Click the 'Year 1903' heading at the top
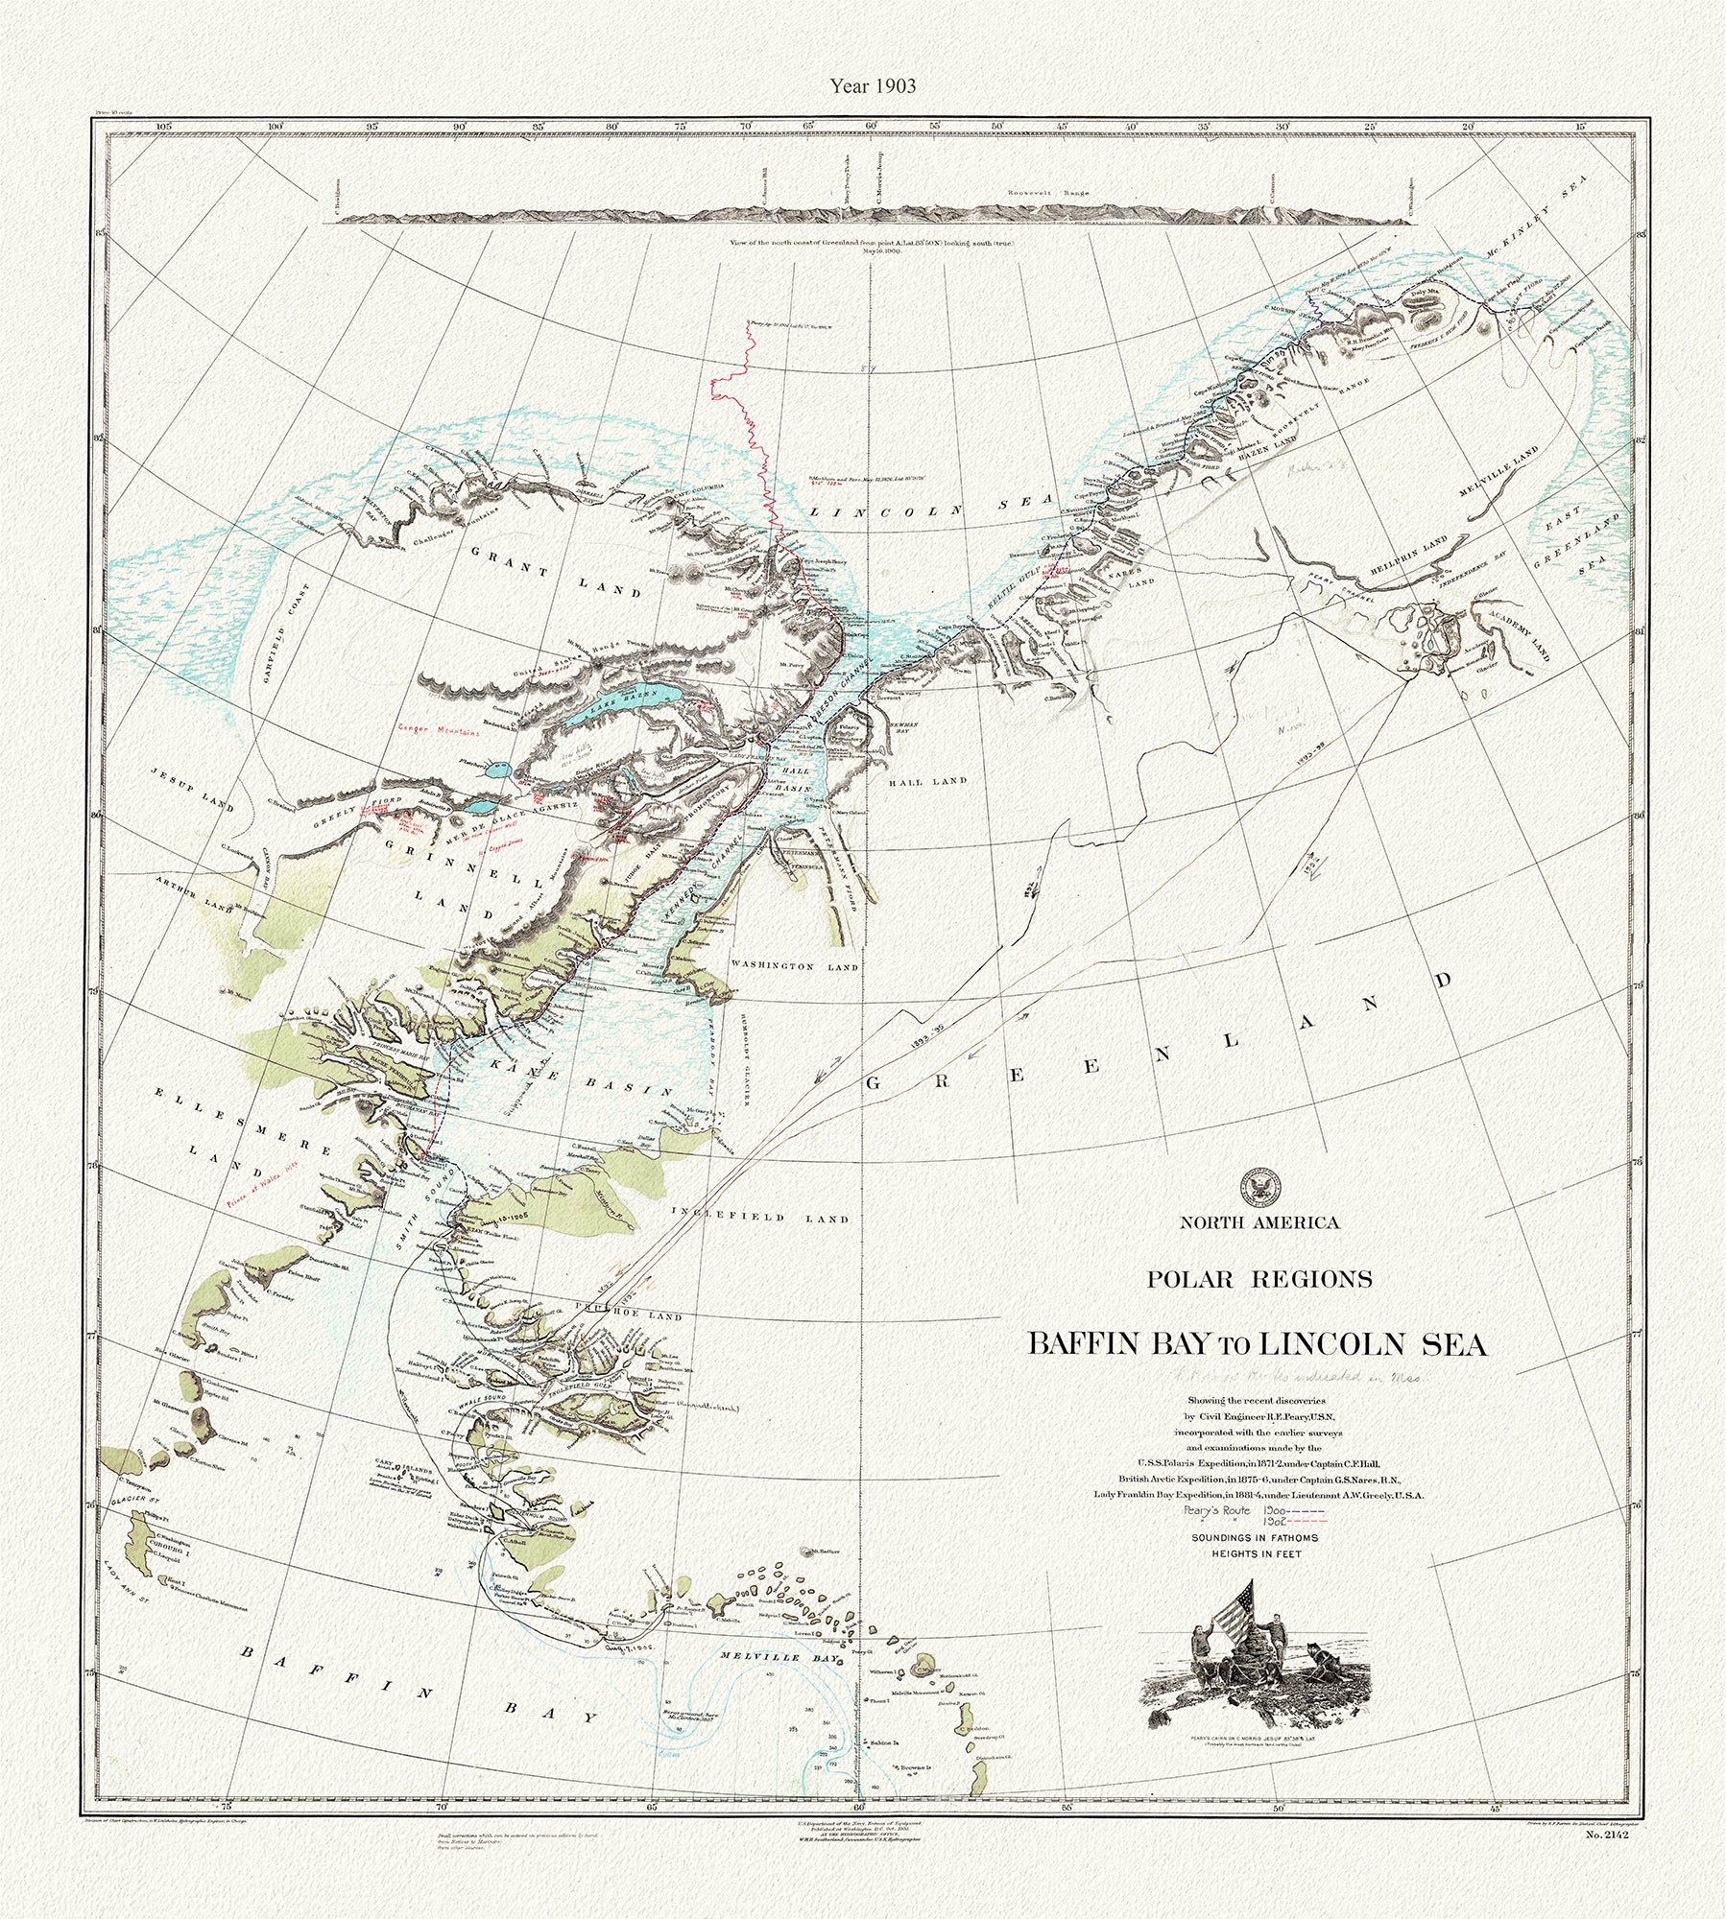(x=863, y=85)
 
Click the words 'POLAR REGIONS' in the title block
(x=1257, y=1279)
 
